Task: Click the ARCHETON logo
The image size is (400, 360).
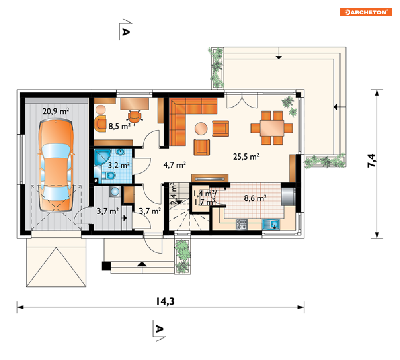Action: pyautogui.click(x=366, y=12)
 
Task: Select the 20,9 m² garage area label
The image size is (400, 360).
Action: pyautogui.click(x=55, y=111)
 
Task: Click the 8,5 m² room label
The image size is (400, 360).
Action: pyautogui.click(x=119, y=126)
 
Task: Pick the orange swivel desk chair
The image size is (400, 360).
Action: pyautogui.click(x=134, y=117)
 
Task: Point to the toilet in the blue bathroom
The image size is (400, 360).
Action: pyautogui.click(x=109, y=176)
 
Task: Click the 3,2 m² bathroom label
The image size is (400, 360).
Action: pyautogui.click(x=119, y=165)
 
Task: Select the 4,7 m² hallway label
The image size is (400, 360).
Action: pyautogui.click(x=174, y=165)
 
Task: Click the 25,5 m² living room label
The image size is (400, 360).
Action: pyautogui.click(x=246, y=156)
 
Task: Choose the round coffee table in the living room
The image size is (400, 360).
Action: pyautogui.click(x=201, y=129)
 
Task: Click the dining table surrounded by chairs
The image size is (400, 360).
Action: pyautogui.click(x=272, y=128)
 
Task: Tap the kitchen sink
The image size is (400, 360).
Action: pyautogui.click(x=271, y=224)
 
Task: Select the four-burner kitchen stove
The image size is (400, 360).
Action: pyautogui.click(x=242, y=224)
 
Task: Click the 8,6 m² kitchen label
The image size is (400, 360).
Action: pyautogui.click(x=255, y=198)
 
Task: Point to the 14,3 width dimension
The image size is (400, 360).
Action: pyautogui.click(x=165, y=301)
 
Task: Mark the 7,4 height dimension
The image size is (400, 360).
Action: pyautogui.click(x=371, y=161)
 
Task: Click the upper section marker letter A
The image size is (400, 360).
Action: pyautogui.click(x=126, y=32)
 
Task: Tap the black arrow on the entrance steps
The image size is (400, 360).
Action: pyautogui.click(x=142, y=264)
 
